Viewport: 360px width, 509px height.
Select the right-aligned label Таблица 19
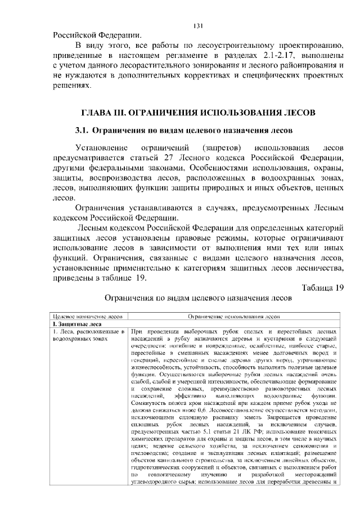pyautogui.click(x=322, y=289)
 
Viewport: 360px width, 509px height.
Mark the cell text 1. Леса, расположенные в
pyautogui.click(x=87, y=332)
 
